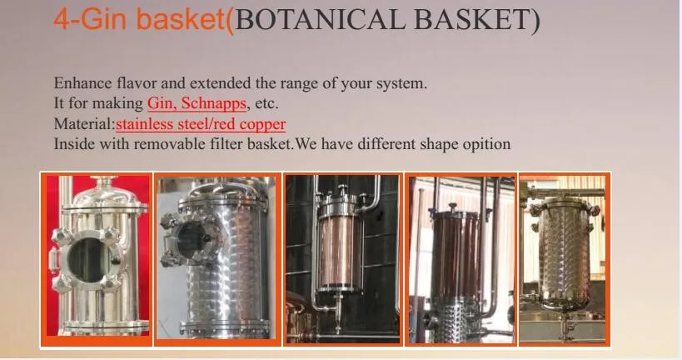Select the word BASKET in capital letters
click(471, 20)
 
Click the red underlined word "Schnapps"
click(213, 103)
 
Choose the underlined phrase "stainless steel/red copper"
click(201, 124)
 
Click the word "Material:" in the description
click(84, 123)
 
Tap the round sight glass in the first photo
click(91, 260)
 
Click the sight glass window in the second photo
click(192, 240)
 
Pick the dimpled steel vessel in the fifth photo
click(563, 255)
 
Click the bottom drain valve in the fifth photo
click(565, 324)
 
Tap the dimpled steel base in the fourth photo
click(455, 318)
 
